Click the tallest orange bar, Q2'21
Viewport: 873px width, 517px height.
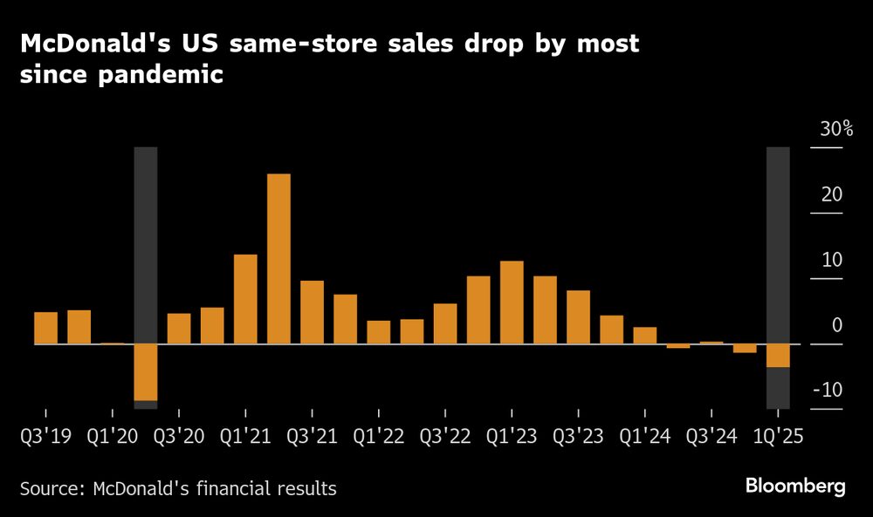click(278, 259)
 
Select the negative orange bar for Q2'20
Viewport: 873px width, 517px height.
click(146, 372)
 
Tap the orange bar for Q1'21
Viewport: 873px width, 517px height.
click(245, 299)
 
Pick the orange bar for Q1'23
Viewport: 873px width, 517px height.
click(512, 303)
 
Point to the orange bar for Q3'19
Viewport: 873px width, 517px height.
click(45, 328)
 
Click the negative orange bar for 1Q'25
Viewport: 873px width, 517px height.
click(778, 356)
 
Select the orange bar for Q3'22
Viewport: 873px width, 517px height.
click(445, 323)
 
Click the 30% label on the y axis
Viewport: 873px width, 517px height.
click(836, 130)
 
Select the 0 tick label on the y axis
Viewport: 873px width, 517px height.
click(836, 325)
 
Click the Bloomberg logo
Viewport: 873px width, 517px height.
click(795, 486)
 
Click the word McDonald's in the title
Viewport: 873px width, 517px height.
click(93, 44)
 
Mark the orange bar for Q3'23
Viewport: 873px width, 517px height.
click(578, 317)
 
